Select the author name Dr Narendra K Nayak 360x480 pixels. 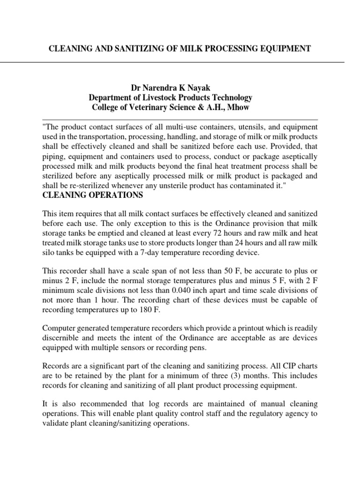click(171, 88)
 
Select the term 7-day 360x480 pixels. click(158, 253)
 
